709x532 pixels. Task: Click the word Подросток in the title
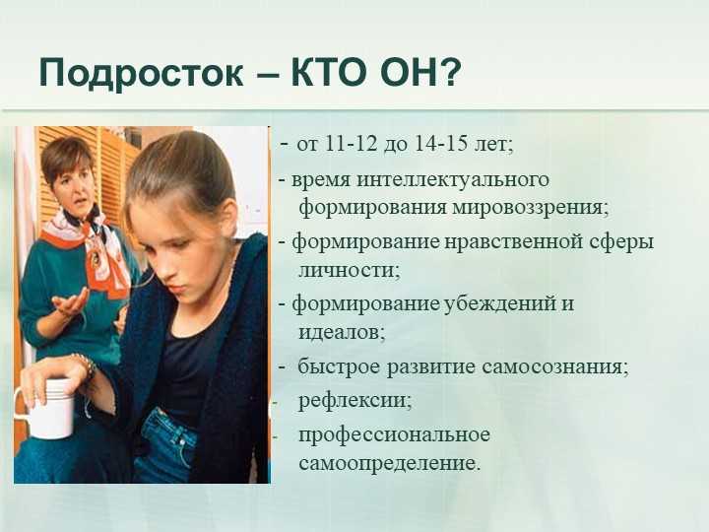(x=142, y=73)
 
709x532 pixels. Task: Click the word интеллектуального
(x=453, y=180)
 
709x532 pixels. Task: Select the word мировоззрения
(x=530, y=208)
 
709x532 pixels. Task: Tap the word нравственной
(x=514, y=242)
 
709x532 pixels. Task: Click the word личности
(x=349, y=271)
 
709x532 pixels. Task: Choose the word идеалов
(x=342, y=333)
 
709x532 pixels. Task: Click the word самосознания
(x=554, y=366)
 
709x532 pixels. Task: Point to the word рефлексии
(x=354, y=401)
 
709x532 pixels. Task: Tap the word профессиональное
(x=394, y=435)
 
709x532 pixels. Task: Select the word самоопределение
(x=388, y=464)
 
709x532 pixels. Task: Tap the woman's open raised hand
(x=72, y=302)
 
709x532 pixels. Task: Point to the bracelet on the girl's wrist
(x=85, y=364)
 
